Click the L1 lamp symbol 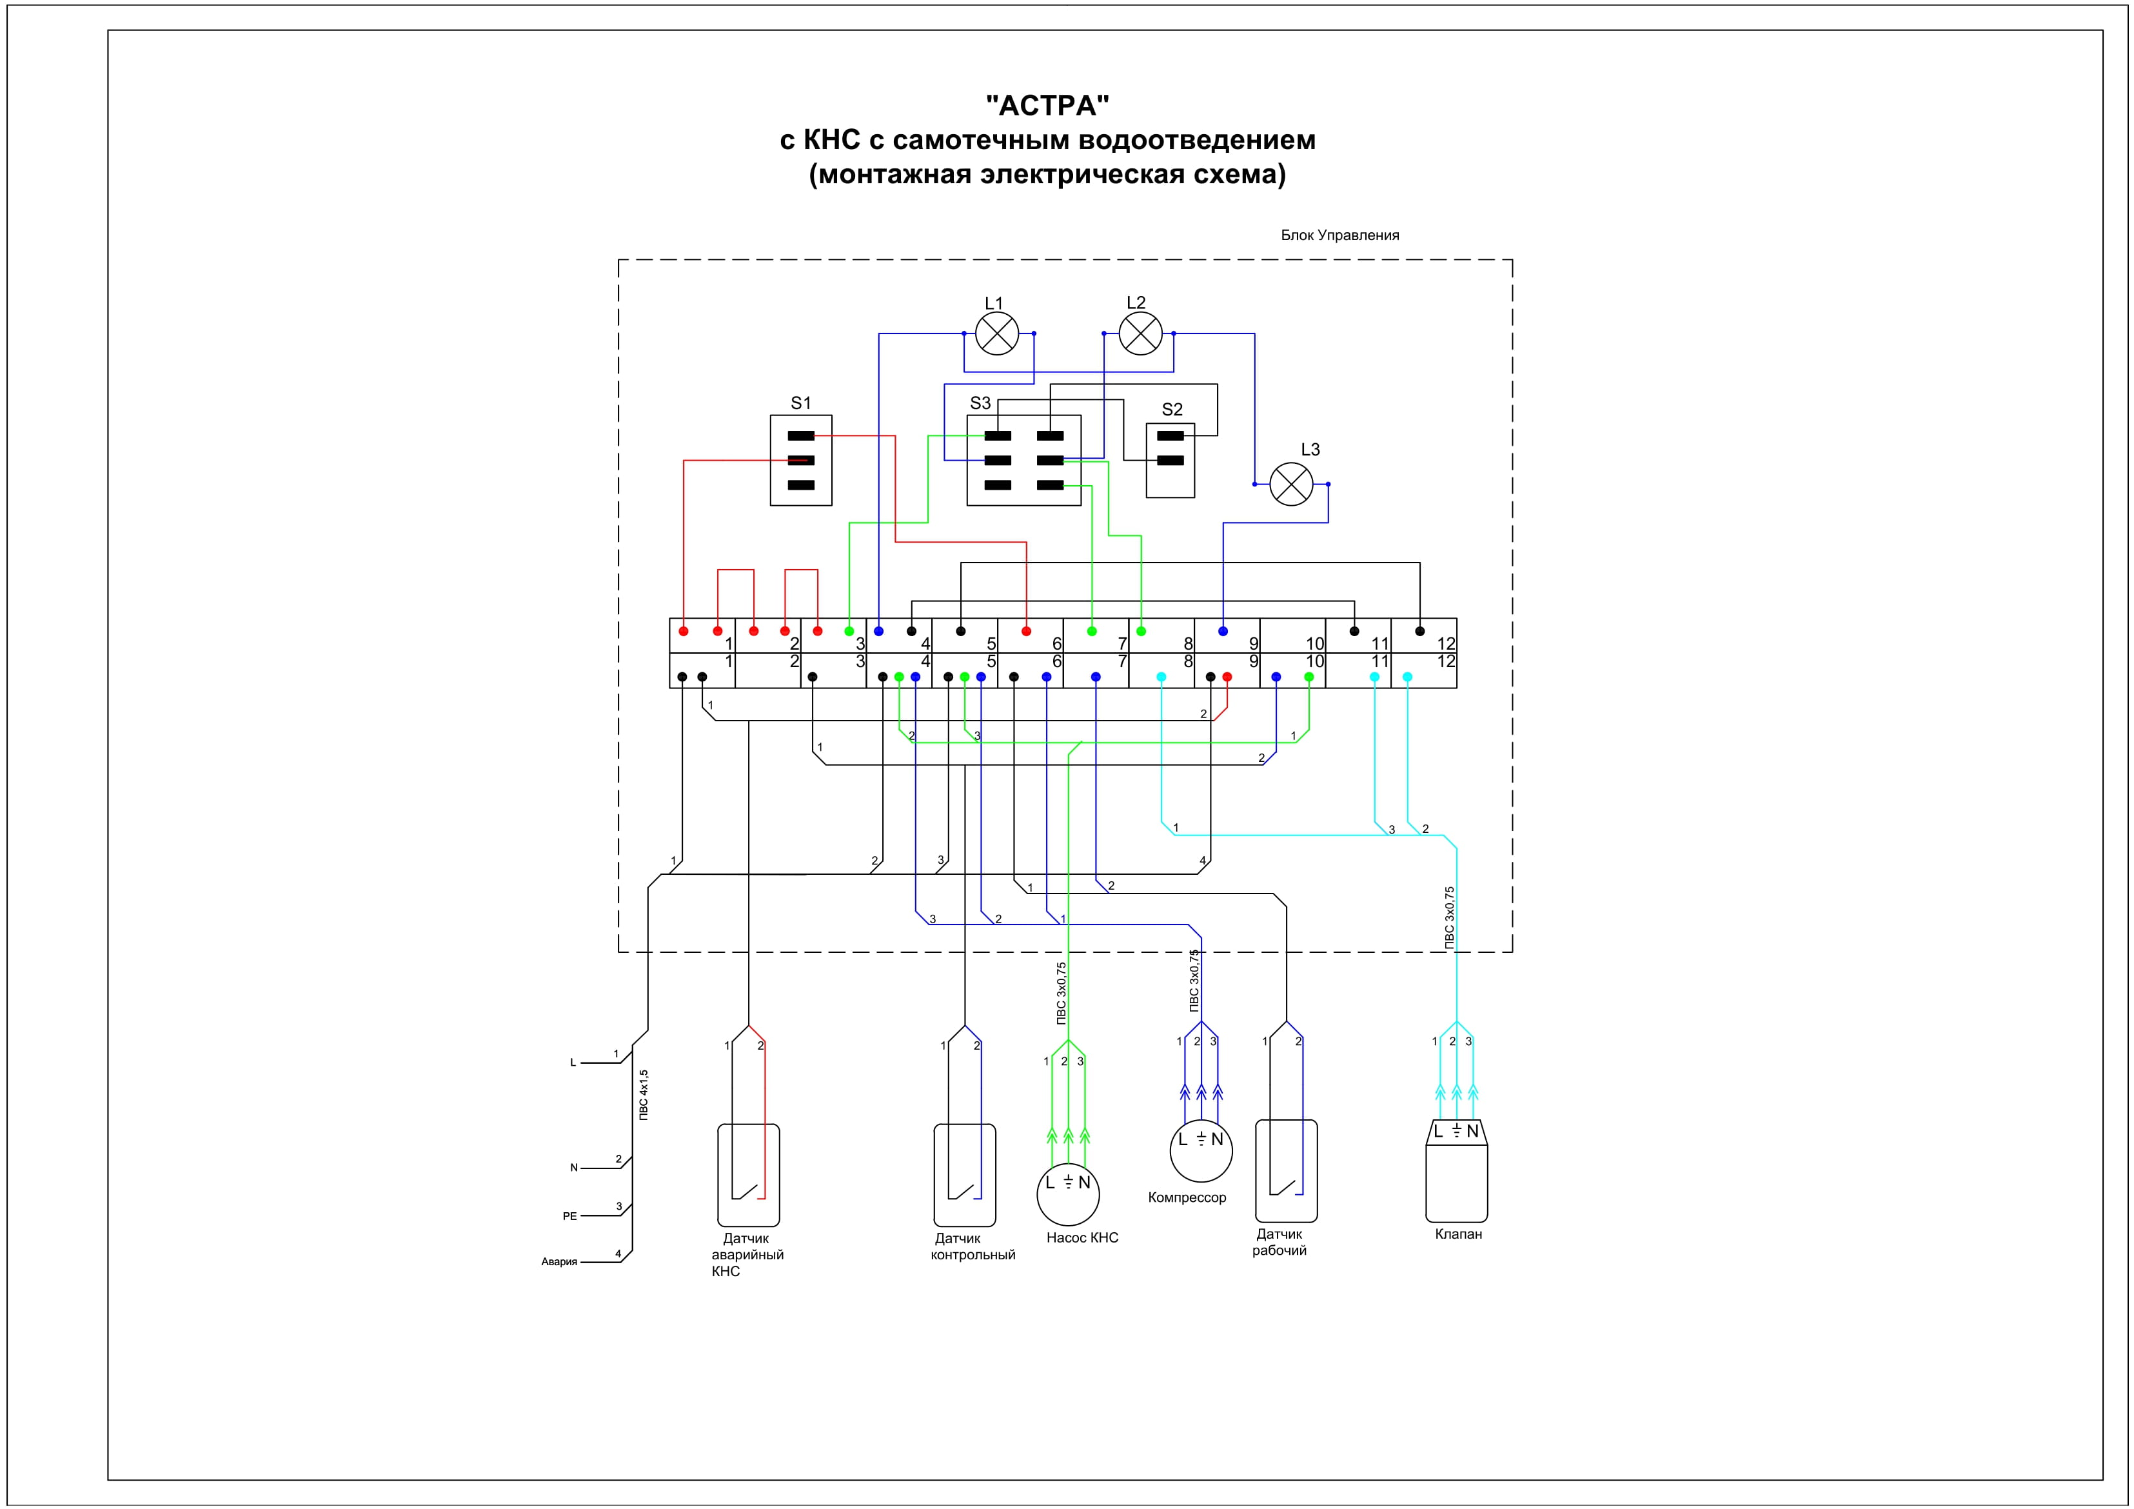pos(997,333)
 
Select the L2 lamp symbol pos(1140,333)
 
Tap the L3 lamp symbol pos(1291,483)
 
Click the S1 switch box pos(800,460)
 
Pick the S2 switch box pos(1170,460)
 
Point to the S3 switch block pos(1023,460)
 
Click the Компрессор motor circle pos(1201,1150)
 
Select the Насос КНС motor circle pos(1068,1194)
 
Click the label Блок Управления pos(1339,235)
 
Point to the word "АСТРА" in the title pos(1047,105)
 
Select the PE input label pos(569,1216)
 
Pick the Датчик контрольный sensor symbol pos(964,1175)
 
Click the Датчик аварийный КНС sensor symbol pos(747,1175)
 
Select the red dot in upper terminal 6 pos(1026,632)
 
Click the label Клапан pos(1457,1234)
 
